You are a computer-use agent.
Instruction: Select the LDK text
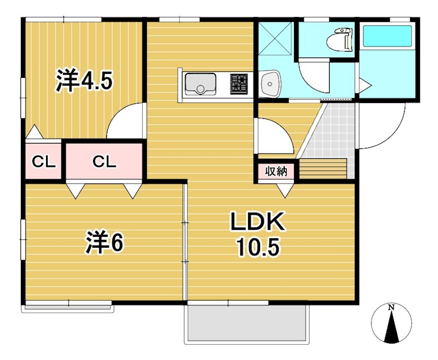coord(257,222)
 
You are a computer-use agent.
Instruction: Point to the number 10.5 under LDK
coord(258,248)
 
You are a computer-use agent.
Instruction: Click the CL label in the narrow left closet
coord(44,162)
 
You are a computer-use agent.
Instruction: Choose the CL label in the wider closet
coord(104,162)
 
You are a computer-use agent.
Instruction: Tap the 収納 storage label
coord(276,172)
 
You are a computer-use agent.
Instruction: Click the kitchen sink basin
coord(200,84)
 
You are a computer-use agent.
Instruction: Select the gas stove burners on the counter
coord(239,83)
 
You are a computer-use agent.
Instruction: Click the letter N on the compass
coord(391,308)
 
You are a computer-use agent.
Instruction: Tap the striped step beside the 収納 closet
coord(324,169)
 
